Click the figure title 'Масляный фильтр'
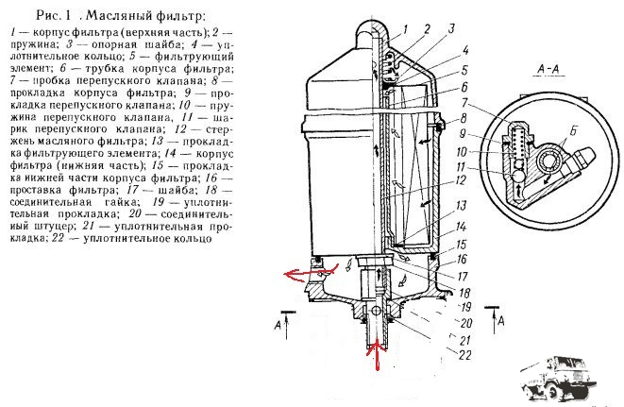[x=145, y=15]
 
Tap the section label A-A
[x=548, y=69]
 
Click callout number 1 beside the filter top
[x=406, y=30]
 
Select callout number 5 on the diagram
[x=464, y=70]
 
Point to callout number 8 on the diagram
[x=463, y=118]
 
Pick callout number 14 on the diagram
[x=461, y=227]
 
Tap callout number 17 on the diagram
[x=463, y=276]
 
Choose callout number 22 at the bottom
[x=464, y=354]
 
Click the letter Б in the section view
[x=573, y=131]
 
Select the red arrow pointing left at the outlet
[x=311, y=274]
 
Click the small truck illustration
[x=556, y=378]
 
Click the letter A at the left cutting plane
[x=278, y=326]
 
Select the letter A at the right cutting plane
[x=501, y=320]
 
